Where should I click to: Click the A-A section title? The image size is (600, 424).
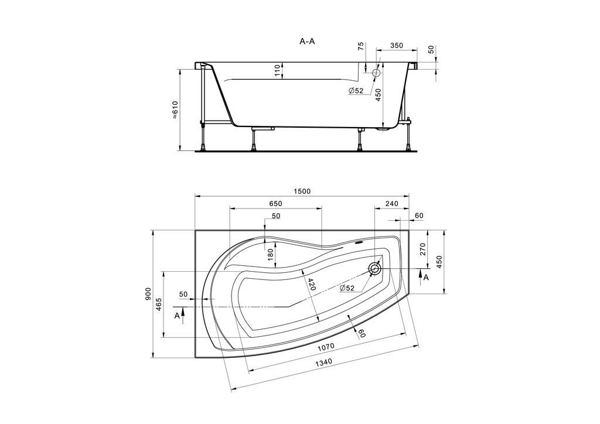point(307,42)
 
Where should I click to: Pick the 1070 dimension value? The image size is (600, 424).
point(326,347)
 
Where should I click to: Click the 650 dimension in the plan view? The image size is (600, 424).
point(275,203)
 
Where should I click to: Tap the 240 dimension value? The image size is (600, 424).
point(392,204)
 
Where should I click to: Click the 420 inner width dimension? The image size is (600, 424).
point(312,284)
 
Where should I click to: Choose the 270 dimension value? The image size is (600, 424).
point(422,249)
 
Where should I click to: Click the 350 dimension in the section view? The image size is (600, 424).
point(397,46)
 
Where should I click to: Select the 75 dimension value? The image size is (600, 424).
point(360,46)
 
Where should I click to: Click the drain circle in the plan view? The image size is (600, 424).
point(375,269)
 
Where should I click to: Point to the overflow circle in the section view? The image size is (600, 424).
point(376,72)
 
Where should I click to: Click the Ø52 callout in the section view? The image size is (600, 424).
point(356,91)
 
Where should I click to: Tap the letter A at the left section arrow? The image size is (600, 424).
point(177,316)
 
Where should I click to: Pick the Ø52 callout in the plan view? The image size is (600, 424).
point(347,288)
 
